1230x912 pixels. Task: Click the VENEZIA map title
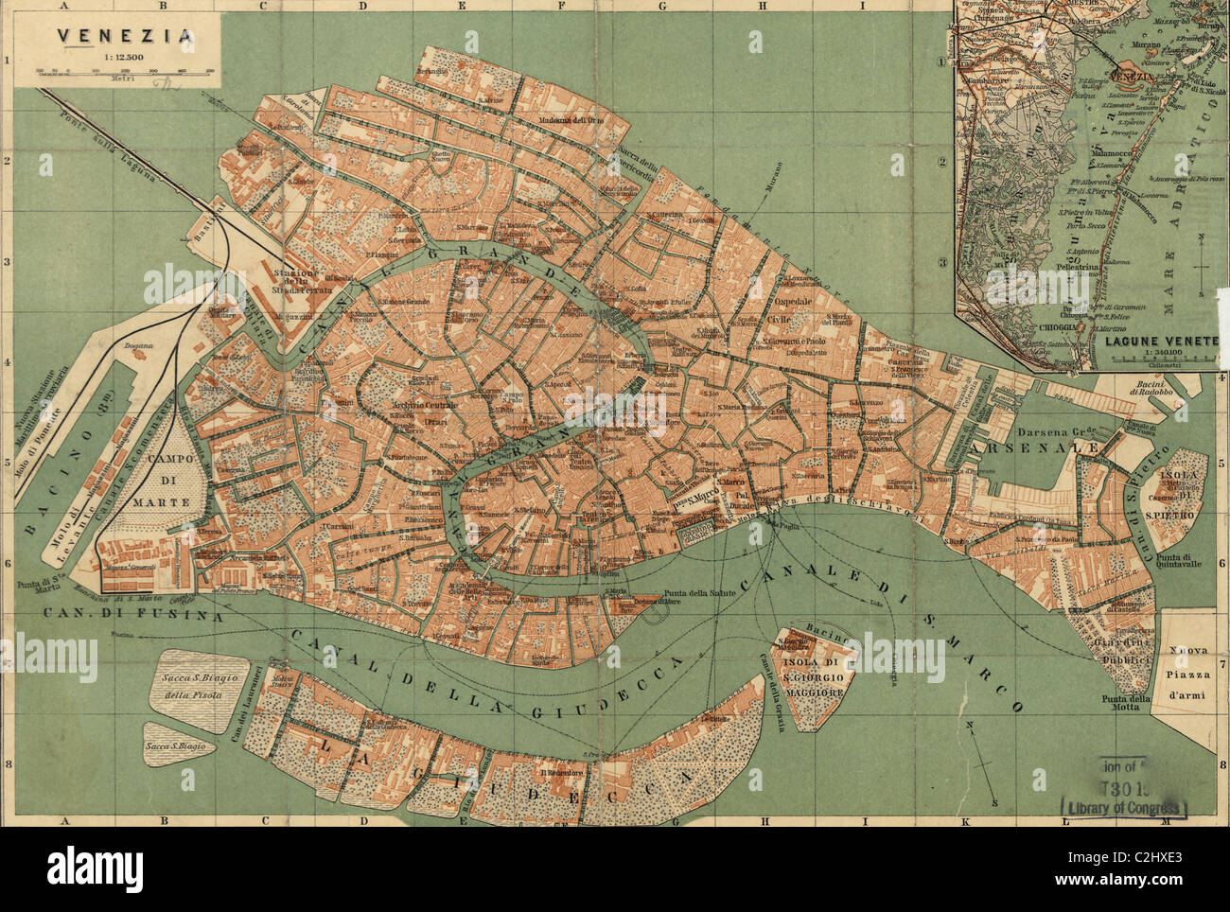[x=125, y=37]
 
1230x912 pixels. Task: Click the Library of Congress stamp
[x=1126, y=806]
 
